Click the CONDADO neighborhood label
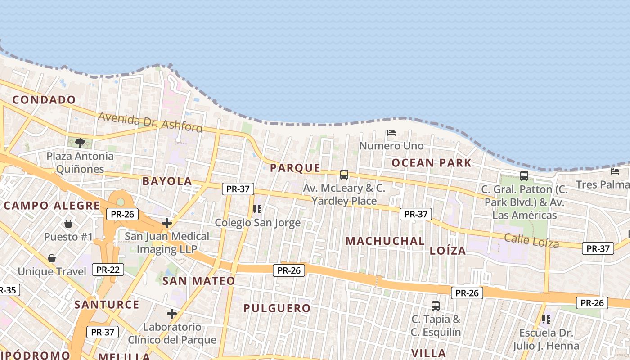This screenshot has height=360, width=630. point(44,100)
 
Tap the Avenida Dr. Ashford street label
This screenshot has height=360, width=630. point(150,122)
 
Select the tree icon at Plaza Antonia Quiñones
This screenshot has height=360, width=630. point(80,143)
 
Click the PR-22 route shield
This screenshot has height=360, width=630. point(108,270)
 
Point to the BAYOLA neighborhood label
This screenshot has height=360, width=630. point(167,181)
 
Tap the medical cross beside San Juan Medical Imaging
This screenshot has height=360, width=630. point(167,223)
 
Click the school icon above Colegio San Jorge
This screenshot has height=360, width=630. point(257,209)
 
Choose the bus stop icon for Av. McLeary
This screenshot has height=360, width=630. point(344,174)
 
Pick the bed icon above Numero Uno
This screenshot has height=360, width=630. point(391,133)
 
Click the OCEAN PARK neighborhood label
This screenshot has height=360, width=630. point(431,163)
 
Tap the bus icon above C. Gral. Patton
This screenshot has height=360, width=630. point(524,175)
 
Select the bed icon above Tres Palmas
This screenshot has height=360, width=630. point(615,171)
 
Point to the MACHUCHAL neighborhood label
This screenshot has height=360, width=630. point(385,241)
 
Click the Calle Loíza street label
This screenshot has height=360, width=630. point(531,240)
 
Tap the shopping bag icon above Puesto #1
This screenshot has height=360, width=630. point(68,224)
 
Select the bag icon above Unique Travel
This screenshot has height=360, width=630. point(52,258)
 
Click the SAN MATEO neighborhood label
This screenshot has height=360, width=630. point(198,281)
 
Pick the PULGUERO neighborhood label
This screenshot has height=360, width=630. point(277,308)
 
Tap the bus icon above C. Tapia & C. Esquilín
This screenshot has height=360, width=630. point(435,306)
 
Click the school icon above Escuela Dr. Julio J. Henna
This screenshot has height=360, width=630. point(546,319)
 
